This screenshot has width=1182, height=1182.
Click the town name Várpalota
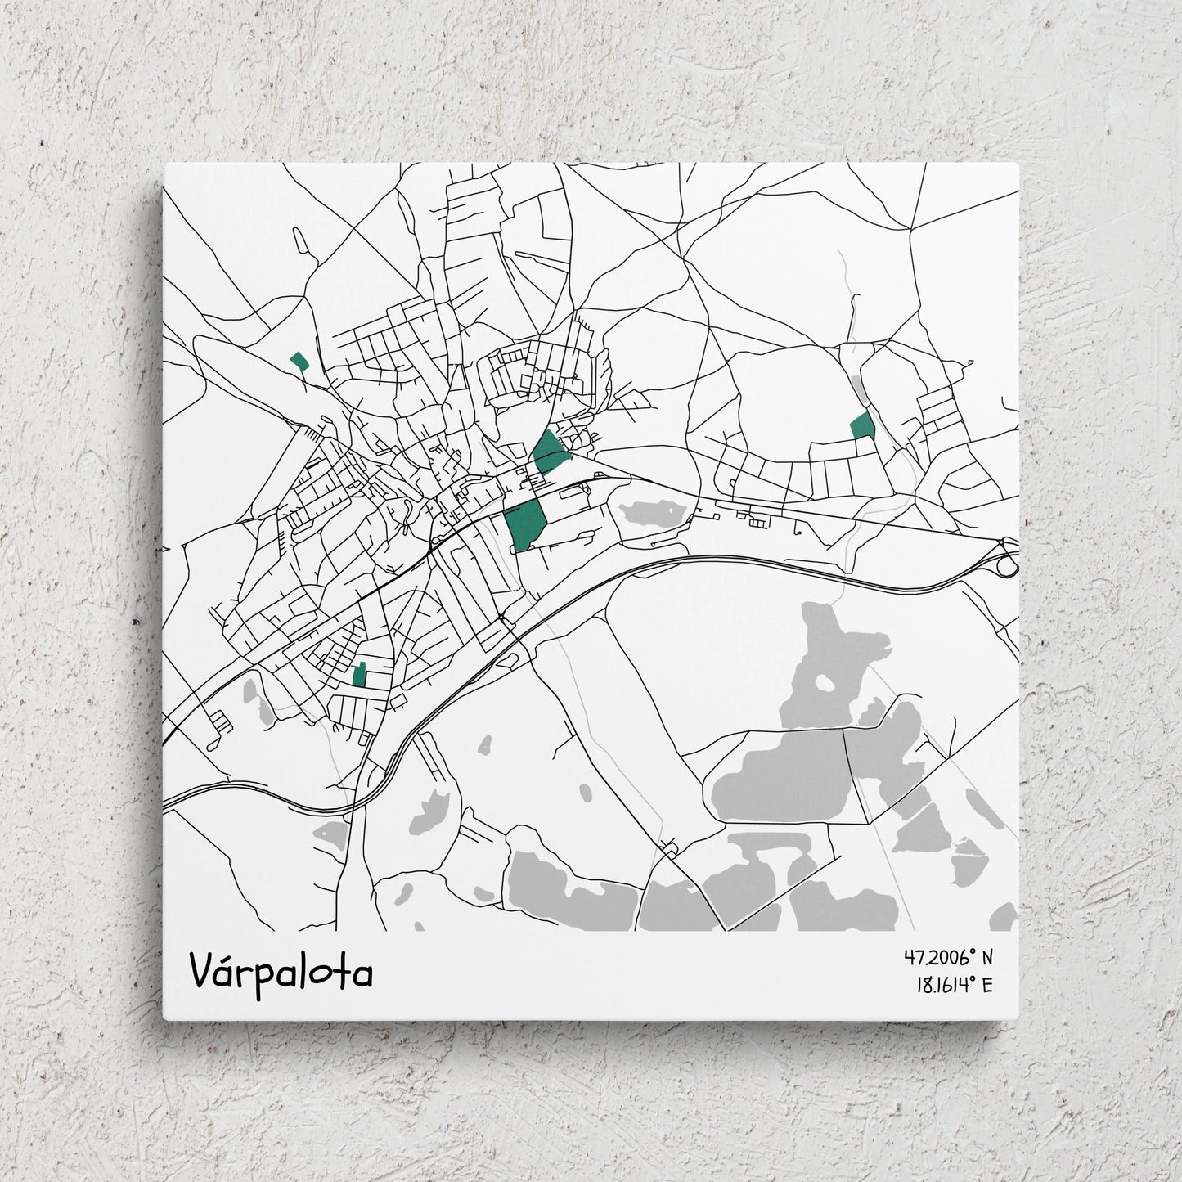pos(281,971)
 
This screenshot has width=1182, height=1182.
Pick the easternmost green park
pos(862,426)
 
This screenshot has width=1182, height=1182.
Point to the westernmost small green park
pos(299,361)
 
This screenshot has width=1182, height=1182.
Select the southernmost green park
pos(358,675)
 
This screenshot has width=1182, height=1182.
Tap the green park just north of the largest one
pos(547,451)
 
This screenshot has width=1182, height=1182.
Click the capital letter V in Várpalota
pos(204,971)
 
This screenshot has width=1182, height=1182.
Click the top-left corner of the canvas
pos(165,164)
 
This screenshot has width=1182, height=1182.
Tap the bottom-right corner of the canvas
pos(1019,1019)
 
